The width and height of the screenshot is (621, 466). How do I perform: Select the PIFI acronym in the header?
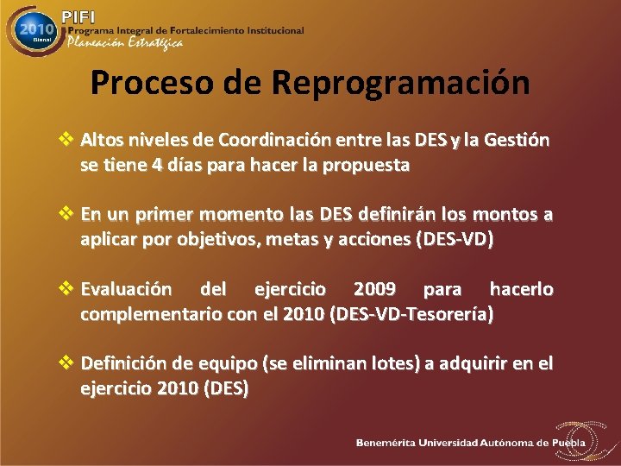coord(79,16)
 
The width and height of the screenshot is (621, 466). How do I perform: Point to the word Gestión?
coord(517,140)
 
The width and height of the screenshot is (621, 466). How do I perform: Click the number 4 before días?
coord(156,166)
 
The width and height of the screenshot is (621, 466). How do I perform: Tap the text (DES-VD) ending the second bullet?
coord(455,240)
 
